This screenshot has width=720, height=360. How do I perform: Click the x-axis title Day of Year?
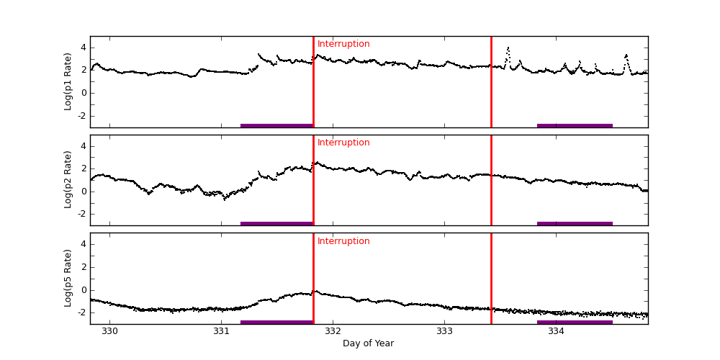pyautogui.click(x=368, y=343)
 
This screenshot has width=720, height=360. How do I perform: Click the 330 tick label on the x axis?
pyautogui.click(x=109, y=331)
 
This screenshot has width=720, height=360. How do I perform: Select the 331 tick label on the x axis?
pyautogui.click(x=221, y=331)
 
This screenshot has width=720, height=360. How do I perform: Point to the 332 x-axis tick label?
pyautogui.click(x=333, y=331)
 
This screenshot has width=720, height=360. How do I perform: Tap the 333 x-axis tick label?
pyautogui.click(x=444, y=331)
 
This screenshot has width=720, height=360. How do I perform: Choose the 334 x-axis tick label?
pyautogui.click(x=556, y=331)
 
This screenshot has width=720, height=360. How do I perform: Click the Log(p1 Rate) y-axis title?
pyautogui.click(x=68, y=81)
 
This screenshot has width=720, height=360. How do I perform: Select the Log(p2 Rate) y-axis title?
pyautogui.click(x=68, y=180)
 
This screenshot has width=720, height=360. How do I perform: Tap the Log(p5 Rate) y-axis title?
pyautogui.click(x=68, y=278)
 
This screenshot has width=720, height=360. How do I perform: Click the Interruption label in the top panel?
pyautogui.click(x=343, y=44)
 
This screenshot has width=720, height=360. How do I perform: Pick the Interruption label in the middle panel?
pyautogui.click(x=343, y=143)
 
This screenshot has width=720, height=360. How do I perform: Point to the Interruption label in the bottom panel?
pyautogui.click(x=343, y=241)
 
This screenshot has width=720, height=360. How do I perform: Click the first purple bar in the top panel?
pyautogui.click(x=276, y=125)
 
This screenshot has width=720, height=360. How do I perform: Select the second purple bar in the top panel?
pyautogui.click(x=575, y=125)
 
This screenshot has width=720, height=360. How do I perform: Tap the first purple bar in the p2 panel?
pyautogui.click(x=276, y=223)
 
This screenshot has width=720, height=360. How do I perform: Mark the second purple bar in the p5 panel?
pyautogui.click(x=575, y=322)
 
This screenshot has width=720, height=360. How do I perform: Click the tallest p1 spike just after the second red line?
pyautogui.click(x=508, y=49)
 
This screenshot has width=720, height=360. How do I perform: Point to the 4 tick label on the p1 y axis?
pyautogui.click(x=83, y=48)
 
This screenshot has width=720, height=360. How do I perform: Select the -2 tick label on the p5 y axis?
pyautogui.click(x=81, y=312)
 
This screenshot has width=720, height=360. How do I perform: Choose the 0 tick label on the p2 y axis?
pyautogui.click(x=83, y=192)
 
